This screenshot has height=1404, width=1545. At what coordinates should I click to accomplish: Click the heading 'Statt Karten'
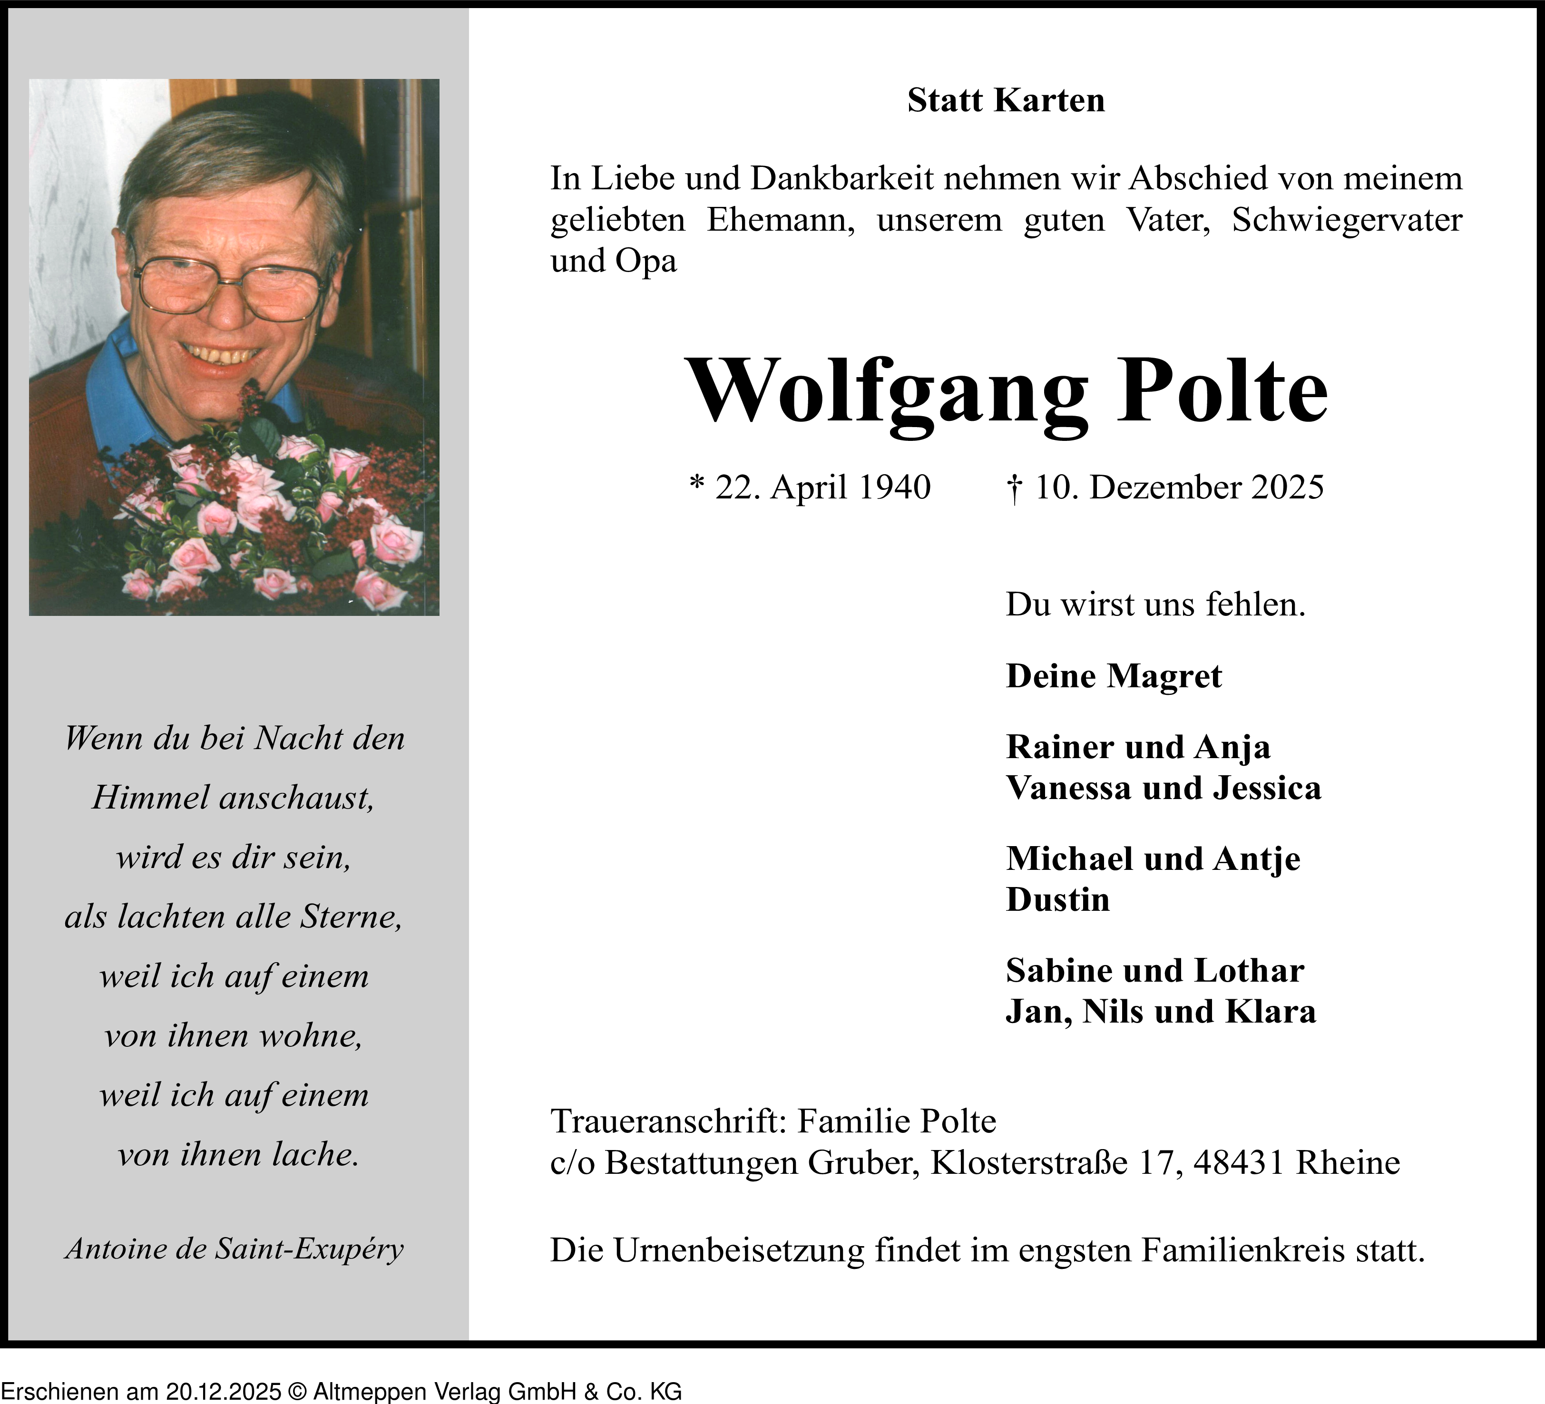point(1006,100)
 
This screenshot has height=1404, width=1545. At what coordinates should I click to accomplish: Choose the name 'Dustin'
point(1057,900)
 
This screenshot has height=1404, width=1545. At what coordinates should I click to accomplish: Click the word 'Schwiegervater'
point(1347,220)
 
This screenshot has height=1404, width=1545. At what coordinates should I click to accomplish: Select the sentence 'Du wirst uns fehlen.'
point(1155,604)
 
